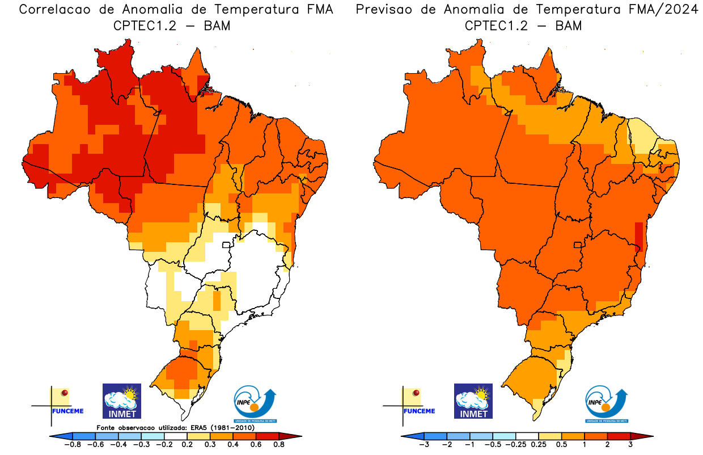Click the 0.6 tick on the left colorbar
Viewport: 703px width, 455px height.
(255, 445)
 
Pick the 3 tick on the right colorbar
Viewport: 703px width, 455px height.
(630, 445)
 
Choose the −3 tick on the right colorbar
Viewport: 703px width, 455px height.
(424, 445)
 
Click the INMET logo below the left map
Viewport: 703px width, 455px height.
(121, 401)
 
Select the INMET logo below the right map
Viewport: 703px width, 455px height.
(473, 401)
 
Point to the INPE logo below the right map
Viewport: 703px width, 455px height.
(607, 403)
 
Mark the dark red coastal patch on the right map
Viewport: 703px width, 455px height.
(639, 237)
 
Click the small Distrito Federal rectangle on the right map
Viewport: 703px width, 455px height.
(578, 245)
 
